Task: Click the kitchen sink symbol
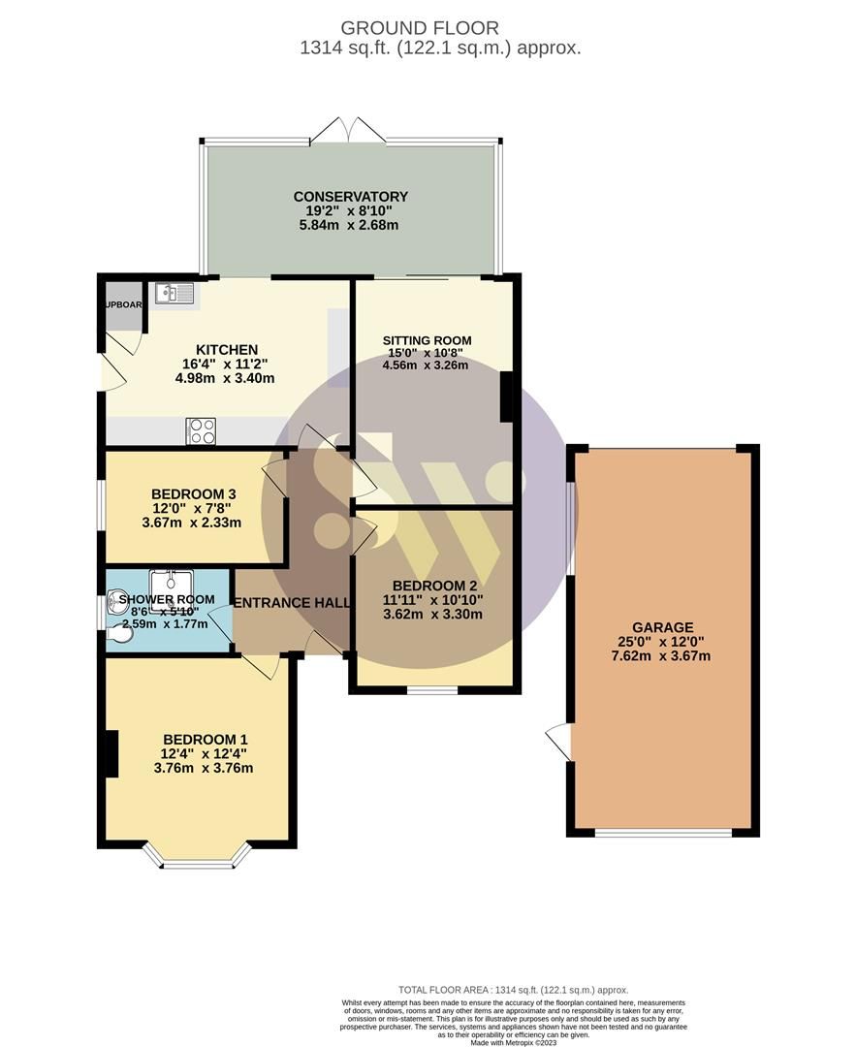174,293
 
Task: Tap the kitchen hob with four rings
201,431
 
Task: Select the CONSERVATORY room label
350,197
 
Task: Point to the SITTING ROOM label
427,340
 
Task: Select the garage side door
559,742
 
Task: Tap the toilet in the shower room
122,633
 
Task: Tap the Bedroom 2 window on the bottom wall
432,690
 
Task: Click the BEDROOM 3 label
193,493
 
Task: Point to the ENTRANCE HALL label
292,603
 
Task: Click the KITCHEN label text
227,350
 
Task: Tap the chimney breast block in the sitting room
505,397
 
